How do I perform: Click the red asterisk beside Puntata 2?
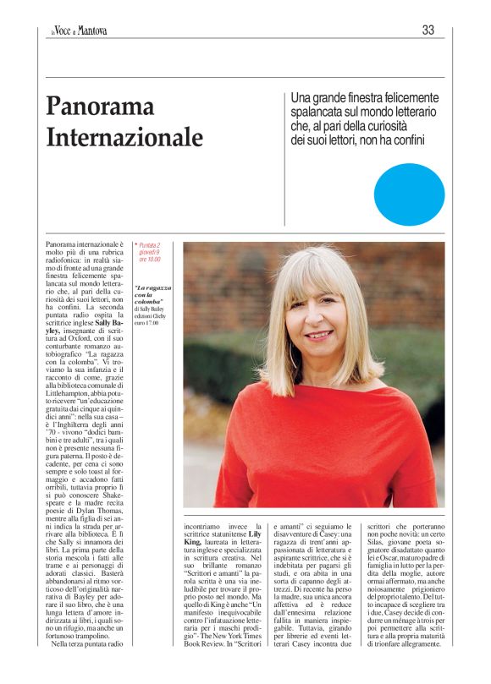point(135,245)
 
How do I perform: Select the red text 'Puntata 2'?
point(150,245)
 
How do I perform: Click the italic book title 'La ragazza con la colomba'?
point(149,294)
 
